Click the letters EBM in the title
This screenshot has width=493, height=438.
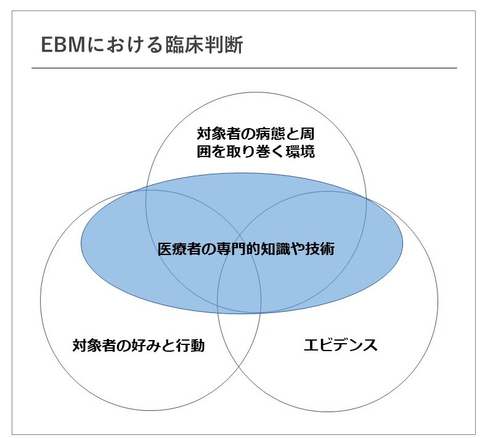(x=63, y=44)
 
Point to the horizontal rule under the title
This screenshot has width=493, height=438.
(x=244, y=68)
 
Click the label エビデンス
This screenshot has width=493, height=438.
(x=341, y=345)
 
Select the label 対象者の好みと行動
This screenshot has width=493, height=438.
(x=138, y=346)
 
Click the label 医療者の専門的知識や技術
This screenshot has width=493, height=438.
(x=246, y=249)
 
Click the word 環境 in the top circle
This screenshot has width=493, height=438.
(x=299, y=152)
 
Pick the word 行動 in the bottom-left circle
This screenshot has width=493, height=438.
(x=190, y=346)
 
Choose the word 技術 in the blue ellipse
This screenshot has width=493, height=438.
(x=320, y=249)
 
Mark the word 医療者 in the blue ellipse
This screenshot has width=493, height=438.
(x=179, y=249)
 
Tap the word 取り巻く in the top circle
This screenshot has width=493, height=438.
(x=256, y=152)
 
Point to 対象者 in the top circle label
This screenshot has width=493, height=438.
(x=219, y=134)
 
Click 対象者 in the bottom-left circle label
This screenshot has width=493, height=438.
(x=94, y=346)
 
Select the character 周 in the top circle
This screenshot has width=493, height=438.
(x=307, y=134)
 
